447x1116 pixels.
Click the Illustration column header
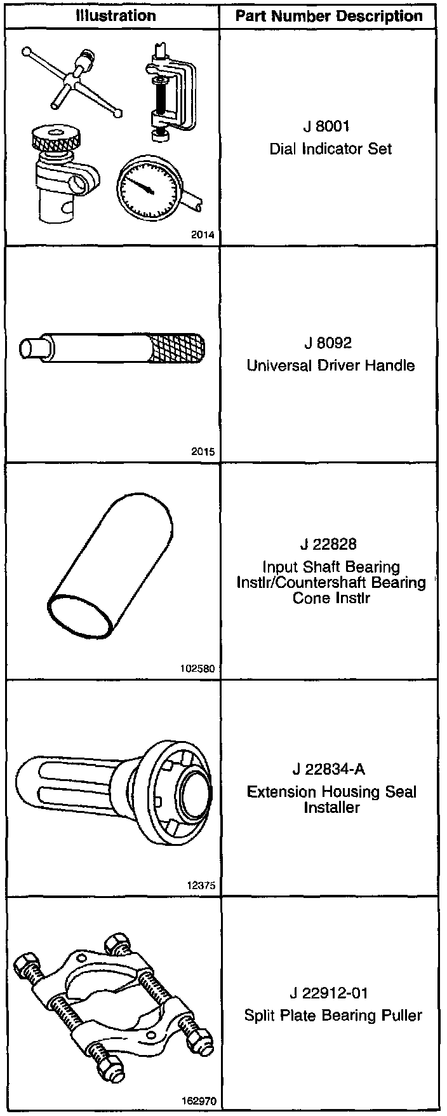tap(116, 16)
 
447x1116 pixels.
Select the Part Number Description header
tap(329, 16)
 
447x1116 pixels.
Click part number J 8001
tap(327, 126)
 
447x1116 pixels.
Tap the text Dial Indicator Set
tap(331, 149)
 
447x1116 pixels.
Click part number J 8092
tap(328, 343)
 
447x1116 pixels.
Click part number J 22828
tap(329, 544)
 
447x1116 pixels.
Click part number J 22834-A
tap(329, 770)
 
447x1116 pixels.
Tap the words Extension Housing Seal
tap(332, 792)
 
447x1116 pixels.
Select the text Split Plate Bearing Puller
tap(333, 1016)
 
